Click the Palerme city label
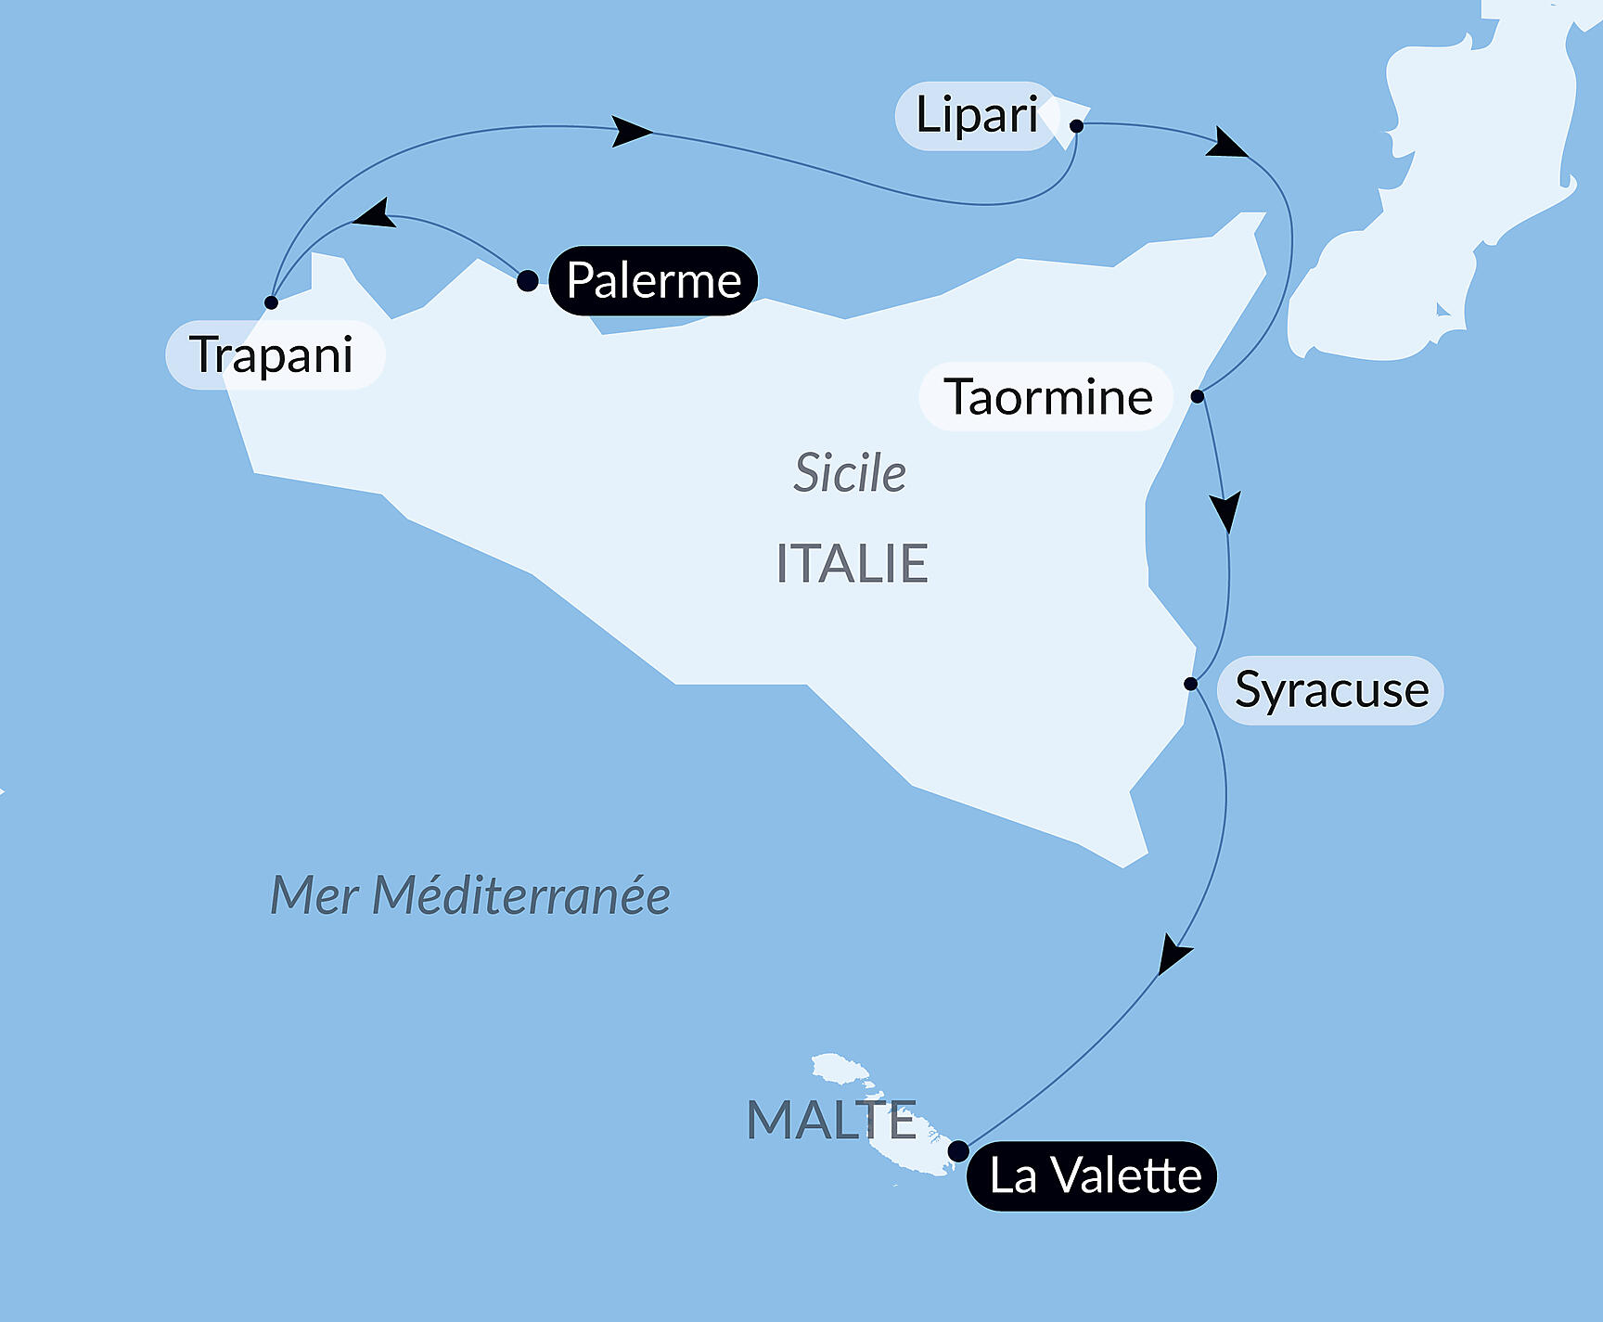coord(653,280)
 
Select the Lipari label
coord(976,116)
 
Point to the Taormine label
coord(1047,397)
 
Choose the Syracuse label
coord(1331,690)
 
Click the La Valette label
coord(1093,1176)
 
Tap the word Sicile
coord(850,473)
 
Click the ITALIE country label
coord(852,563)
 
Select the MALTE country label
coord(831,1121)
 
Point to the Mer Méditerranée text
coord(469,896)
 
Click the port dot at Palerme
coord(527,281)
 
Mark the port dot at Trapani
coord(271,302)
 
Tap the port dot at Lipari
coord(1076,125)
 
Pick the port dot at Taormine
coord(1198,396)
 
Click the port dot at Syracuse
coord(1191,684)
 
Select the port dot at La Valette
coord(958,1151)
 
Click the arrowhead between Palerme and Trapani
coord(377,214)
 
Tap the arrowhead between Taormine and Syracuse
coord(1225,511)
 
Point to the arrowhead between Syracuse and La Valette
coord(1173,956)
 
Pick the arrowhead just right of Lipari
coord(1227,144)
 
